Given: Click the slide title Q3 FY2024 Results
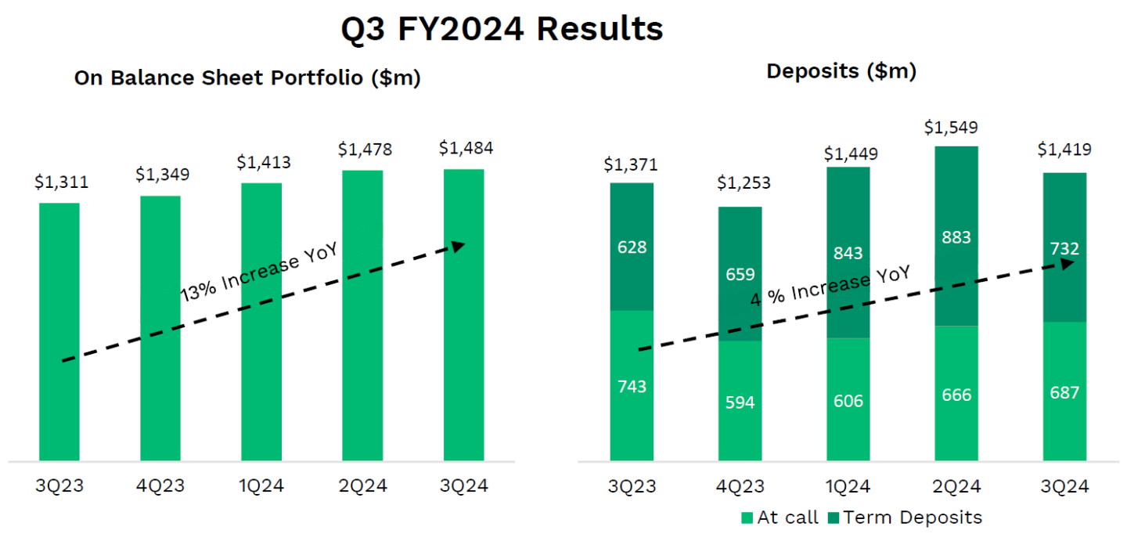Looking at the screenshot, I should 502,29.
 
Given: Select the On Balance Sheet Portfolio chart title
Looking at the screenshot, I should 247,78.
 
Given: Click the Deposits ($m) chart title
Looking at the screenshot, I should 841,71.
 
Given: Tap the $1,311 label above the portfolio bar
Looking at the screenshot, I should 61,182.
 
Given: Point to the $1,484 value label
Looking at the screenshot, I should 466,148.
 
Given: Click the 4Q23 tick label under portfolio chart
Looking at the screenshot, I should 162,486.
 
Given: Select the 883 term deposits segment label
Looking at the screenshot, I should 956,237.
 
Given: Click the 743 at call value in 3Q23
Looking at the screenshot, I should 632,386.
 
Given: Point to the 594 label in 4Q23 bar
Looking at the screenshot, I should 740,402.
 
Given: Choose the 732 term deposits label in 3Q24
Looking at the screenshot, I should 1064,249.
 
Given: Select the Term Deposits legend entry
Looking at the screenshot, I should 903,518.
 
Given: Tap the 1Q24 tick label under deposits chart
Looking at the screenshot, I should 848,486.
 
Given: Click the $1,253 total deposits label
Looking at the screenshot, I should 744,183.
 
